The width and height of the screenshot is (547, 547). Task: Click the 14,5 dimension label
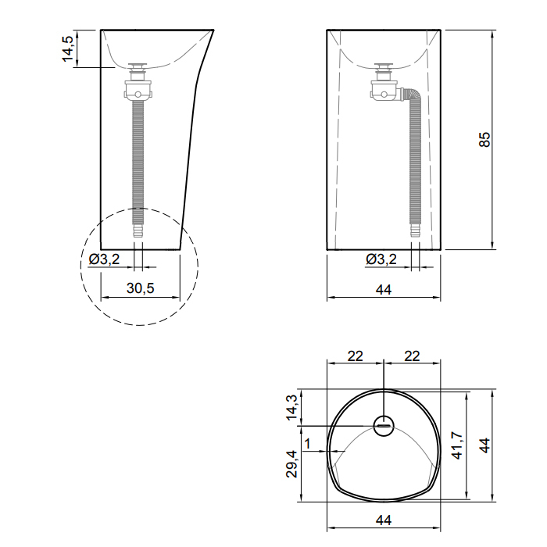click(68, 48)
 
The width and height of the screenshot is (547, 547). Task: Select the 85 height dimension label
click(484, 139)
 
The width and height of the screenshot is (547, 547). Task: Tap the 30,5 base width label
click(140, 288)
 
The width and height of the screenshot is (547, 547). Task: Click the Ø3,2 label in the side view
click(104, 259)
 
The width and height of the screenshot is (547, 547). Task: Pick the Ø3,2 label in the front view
click(381, 259)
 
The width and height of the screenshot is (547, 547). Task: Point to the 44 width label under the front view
click(384, 290)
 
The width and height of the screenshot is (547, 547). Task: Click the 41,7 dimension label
click(456, 445)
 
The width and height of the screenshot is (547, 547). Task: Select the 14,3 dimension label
click(291, 407)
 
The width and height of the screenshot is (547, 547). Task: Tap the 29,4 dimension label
click(291, 464)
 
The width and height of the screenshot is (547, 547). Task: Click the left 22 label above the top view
click(355, 356)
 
